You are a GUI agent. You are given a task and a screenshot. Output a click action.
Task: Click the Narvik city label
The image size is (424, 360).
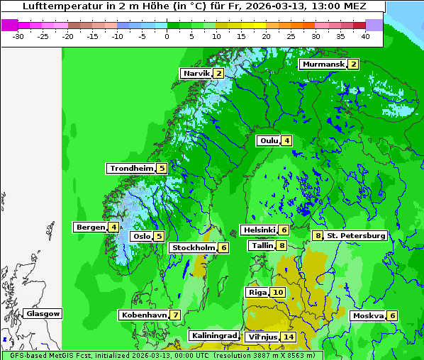pyautogui.click(x=197, y=74)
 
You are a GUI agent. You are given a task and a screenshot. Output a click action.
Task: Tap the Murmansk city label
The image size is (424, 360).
pyautogui.click(x=323, y=64)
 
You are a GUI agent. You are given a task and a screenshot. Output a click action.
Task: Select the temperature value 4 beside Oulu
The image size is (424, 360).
pyautogui.click(x=286, y=140)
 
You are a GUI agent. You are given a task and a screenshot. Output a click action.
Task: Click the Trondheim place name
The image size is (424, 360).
pyautogui.click(x=131, y=168)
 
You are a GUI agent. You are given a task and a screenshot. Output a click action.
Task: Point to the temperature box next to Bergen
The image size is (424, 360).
pyautogui.click(x=113, y=227)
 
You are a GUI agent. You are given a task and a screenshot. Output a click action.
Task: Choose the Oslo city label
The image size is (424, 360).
pyautogui.click(x=142, y=237)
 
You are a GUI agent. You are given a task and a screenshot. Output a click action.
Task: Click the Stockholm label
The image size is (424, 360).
pyautogui.click(x=193, y=247)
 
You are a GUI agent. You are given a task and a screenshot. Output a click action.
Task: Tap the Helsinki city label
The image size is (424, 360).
pyautogui.click(x=259, y=230)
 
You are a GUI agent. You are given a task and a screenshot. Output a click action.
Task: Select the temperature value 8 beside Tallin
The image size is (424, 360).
pyautogui.click(x=282, y=245)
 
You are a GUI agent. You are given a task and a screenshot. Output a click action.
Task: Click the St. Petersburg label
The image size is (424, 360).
pyautogui.click(x=356, y=235)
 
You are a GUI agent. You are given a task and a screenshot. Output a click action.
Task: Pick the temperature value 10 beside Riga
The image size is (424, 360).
pyautogui.click(x=277, y=292)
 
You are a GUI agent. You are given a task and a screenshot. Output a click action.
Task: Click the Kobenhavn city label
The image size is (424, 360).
pyautogui.click(x=144, y=315)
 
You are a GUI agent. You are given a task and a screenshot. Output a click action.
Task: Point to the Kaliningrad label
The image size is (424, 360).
pyautogui.click(x=213, y=335)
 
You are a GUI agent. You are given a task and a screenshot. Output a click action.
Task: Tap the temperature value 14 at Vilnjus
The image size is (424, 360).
pyautogui.click(x=288, y=337)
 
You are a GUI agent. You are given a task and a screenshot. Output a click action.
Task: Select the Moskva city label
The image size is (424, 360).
pyautogui.click(x=368, y=315)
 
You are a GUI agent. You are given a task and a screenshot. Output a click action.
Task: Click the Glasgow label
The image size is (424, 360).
pyautogui.click(x=43, y=313)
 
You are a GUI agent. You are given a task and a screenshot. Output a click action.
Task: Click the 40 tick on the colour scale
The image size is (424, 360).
pyautogui.click(x=365, y=35)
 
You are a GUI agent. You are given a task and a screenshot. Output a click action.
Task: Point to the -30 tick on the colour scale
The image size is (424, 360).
pyautogui.click(x=18, y=35)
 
